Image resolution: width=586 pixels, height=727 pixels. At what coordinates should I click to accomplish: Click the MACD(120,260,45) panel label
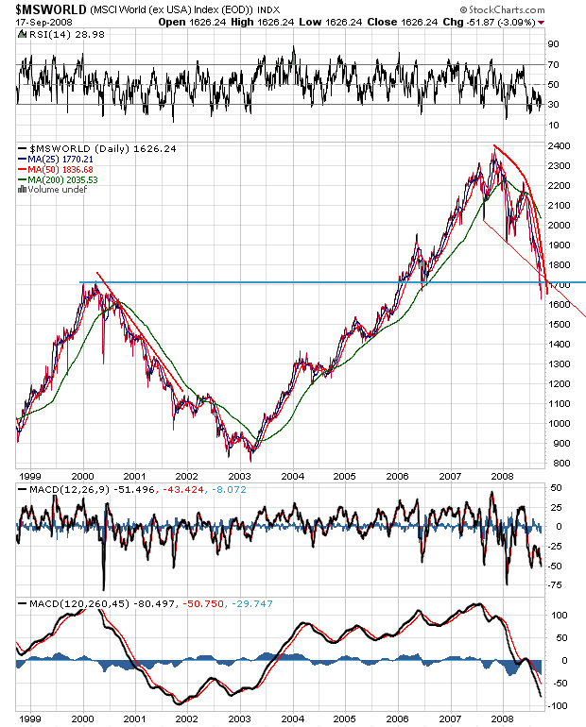(x=62, y=601)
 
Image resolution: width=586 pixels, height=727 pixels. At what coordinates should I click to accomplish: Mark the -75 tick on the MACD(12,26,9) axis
(x=559, y=585)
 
